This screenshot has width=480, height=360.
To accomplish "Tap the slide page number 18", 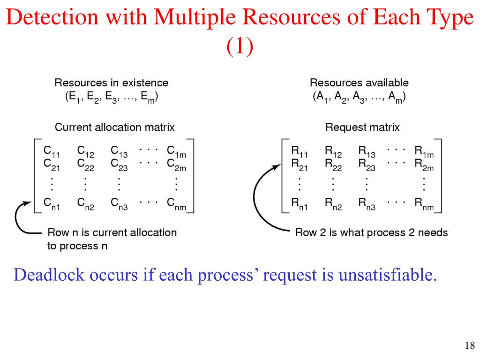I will (469, 346).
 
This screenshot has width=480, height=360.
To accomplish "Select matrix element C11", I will (51, 151).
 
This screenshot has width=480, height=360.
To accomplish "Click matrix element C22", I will (85, 165).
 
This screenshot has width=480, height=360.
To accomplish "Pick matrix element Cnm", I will (176, 204).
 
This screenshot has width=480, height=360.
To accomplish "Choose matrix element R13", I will (367, 151).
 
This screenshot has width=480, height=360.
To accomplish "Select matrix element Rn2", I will (333, 204).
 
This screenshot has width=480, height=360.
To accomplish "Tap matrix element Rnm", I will (424, 204).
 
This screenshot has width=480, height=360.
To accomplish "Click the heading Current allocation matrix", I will (115, 127).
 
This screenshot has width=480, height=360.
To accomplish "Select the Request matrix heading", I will (362, 127).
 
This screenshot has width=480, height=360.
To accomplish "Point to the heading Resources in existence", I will (112, 83).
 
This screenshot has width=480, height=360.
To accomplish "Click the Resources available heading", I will (359, 83).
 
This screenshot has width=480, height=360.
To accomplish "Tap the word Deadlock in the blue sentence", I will (44, 275).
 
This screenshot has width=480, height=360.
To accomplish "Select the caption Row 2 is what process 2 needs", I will (371, 232).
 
